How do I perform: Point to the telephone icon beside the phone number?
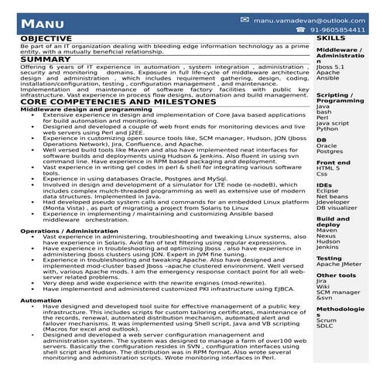point(299,29)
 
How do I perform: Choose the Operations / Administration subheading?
point(65,231)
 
